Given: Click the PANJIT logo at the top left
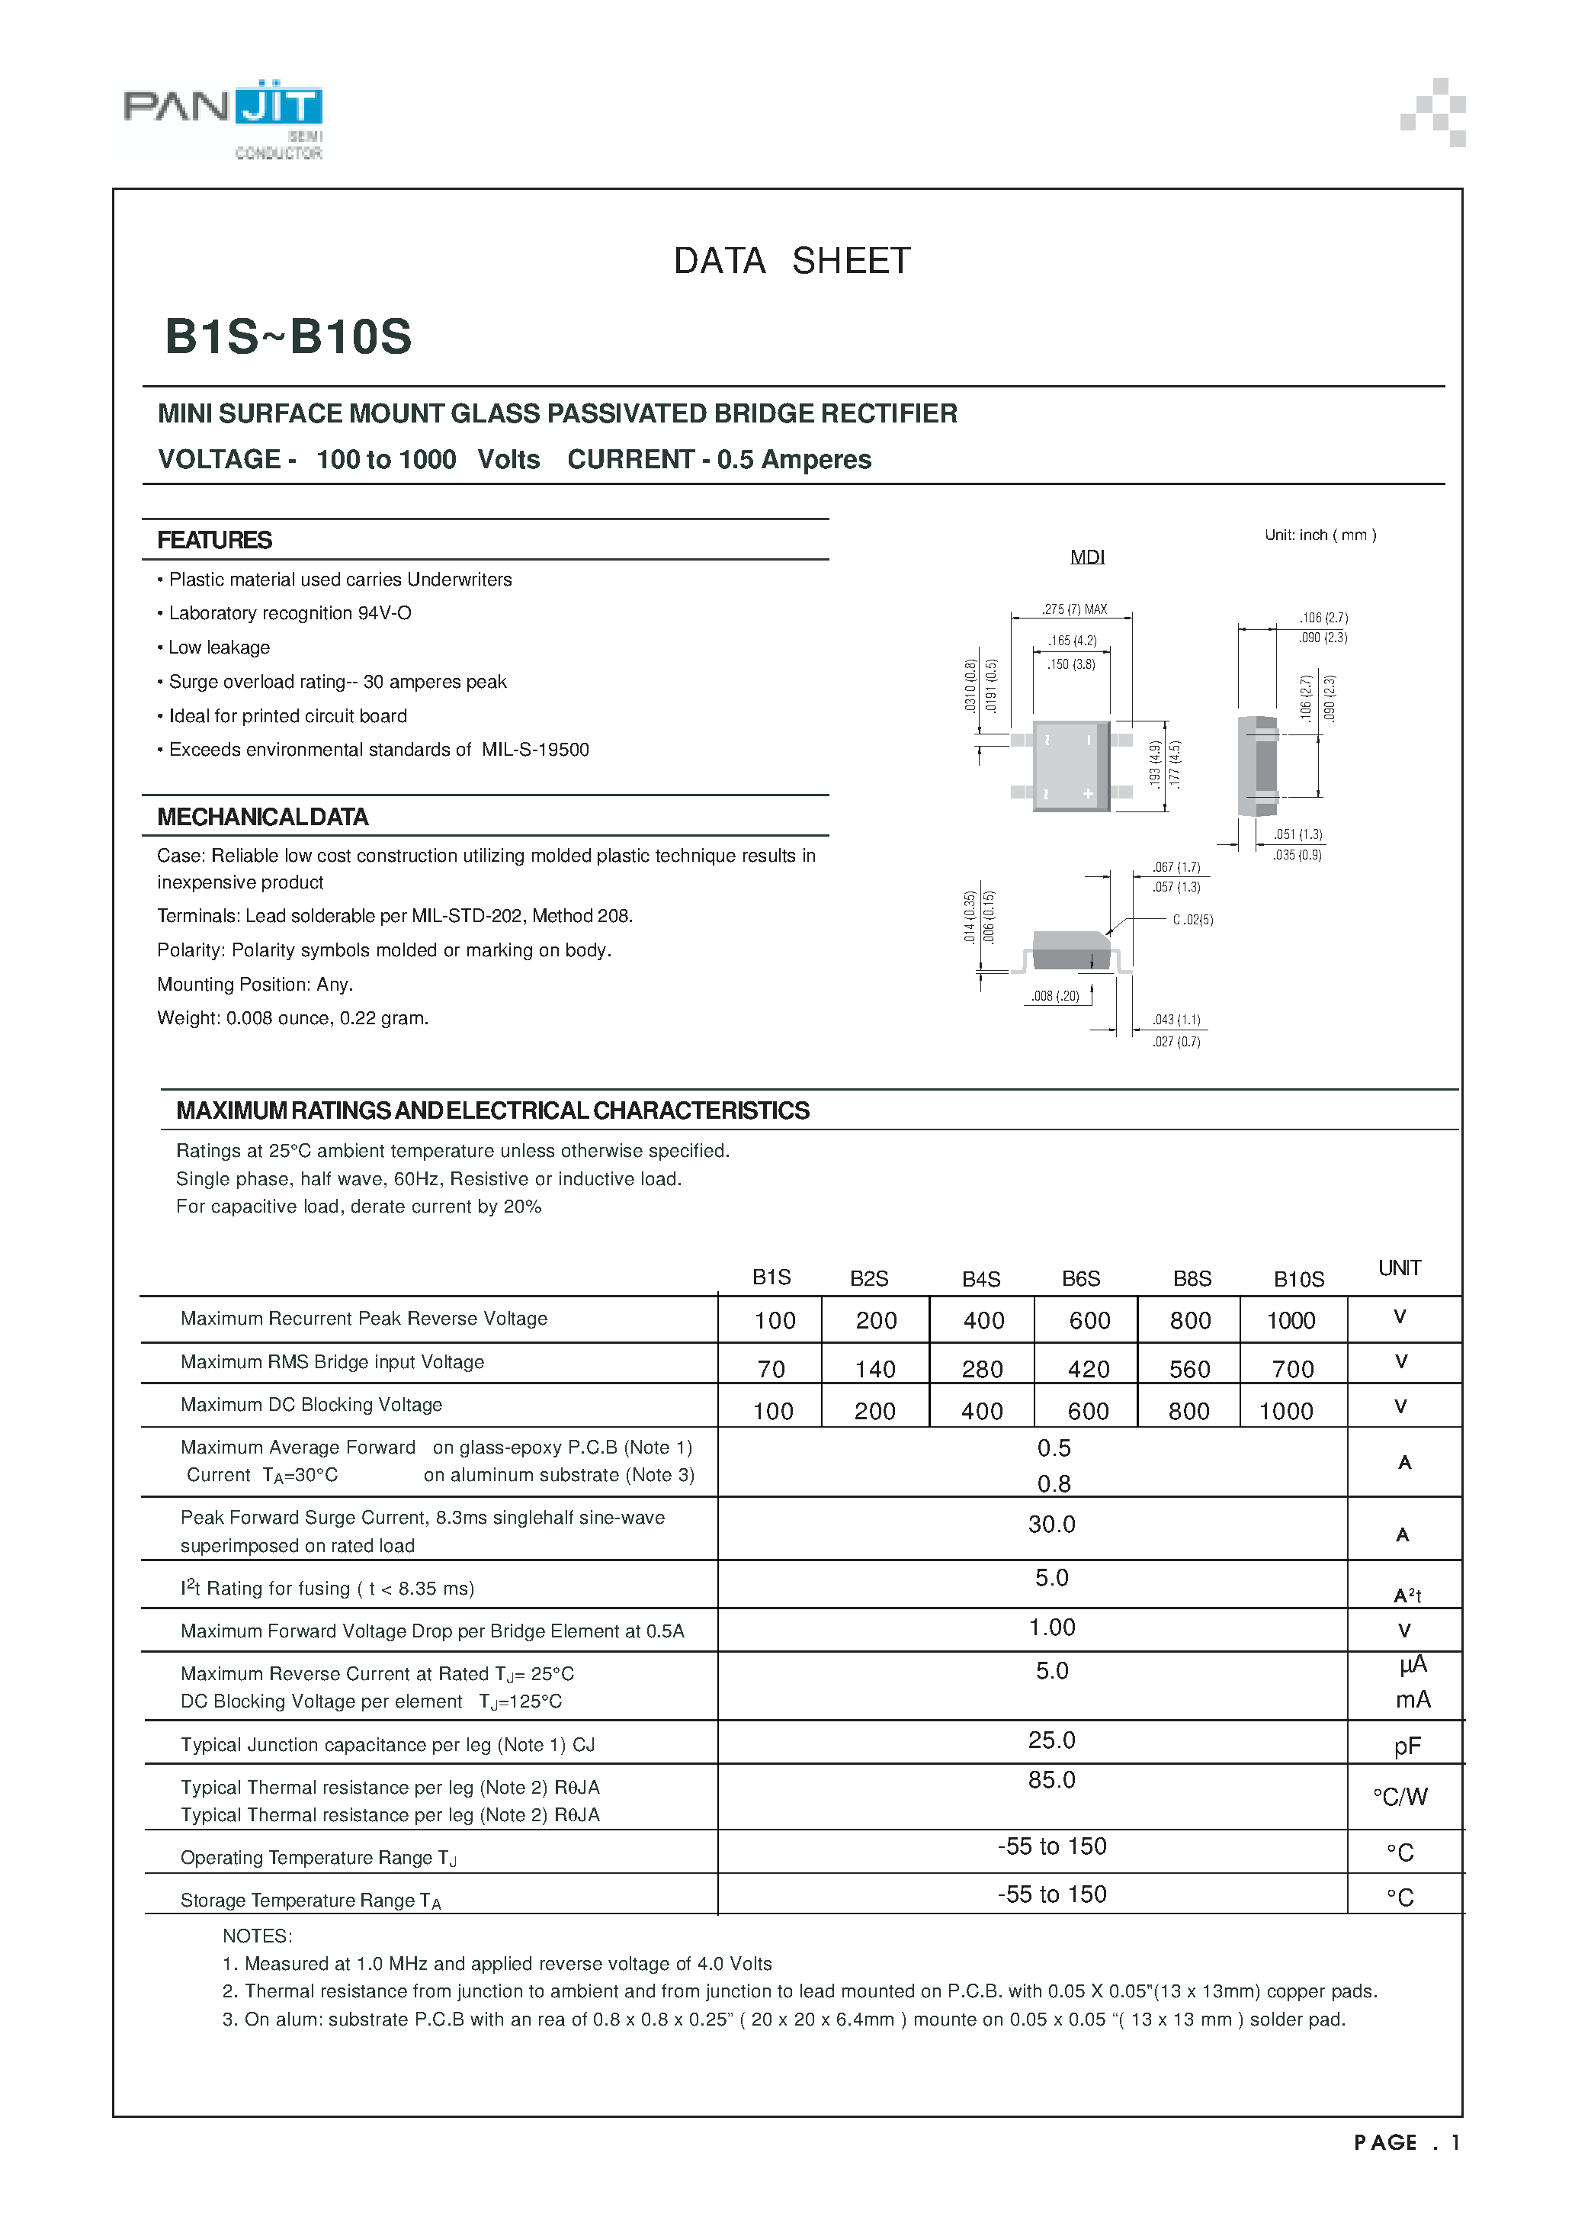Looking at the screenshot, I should [223, 114].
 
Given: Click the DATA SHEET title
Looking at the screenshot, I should [791, 260].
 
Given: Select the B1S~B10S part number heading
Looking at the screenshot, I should [288, 337].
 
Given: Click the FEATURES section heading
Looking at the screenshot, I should [214, 540].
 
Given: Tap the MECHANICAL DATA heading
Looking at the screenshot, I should [262, 817].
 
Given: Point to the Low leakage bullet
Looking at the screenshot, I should [219, 647].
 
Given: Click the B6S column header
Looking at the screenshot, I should [1081, 1278].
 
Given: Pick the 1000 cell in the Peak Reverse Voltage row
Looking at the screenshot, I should [1291, 1320].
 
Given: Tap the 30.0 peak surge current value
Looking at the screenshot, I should [1051, 1524].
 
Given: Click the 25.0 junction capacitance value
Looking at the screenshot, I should [1051, 1740].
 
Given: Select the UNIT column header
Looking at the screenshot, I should [1399, 1268].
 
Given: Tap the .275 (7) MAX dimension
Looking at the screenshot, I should [1074, 609].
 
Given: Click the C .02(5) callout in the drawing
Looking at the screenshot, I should [1192, 919].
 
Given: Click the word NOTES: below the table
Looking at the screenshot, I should [258, 1936].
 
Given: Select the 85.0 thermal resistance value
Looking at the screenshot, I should [1051, 1779].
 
